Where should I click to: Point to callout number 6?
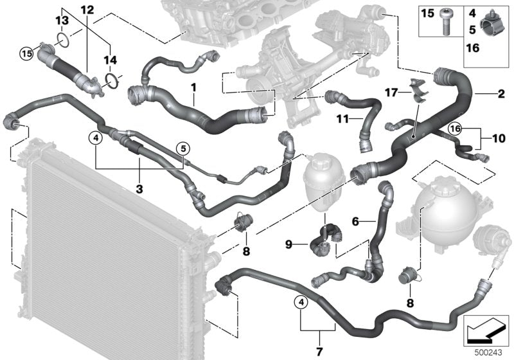point(355,222)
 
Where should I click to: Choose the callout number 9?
point(288,244)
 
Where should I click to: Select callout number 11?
point(341,120)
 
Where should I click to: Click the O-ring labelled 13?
point(61,41)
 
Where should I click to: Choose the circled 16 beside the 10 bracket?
point(455,129)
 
